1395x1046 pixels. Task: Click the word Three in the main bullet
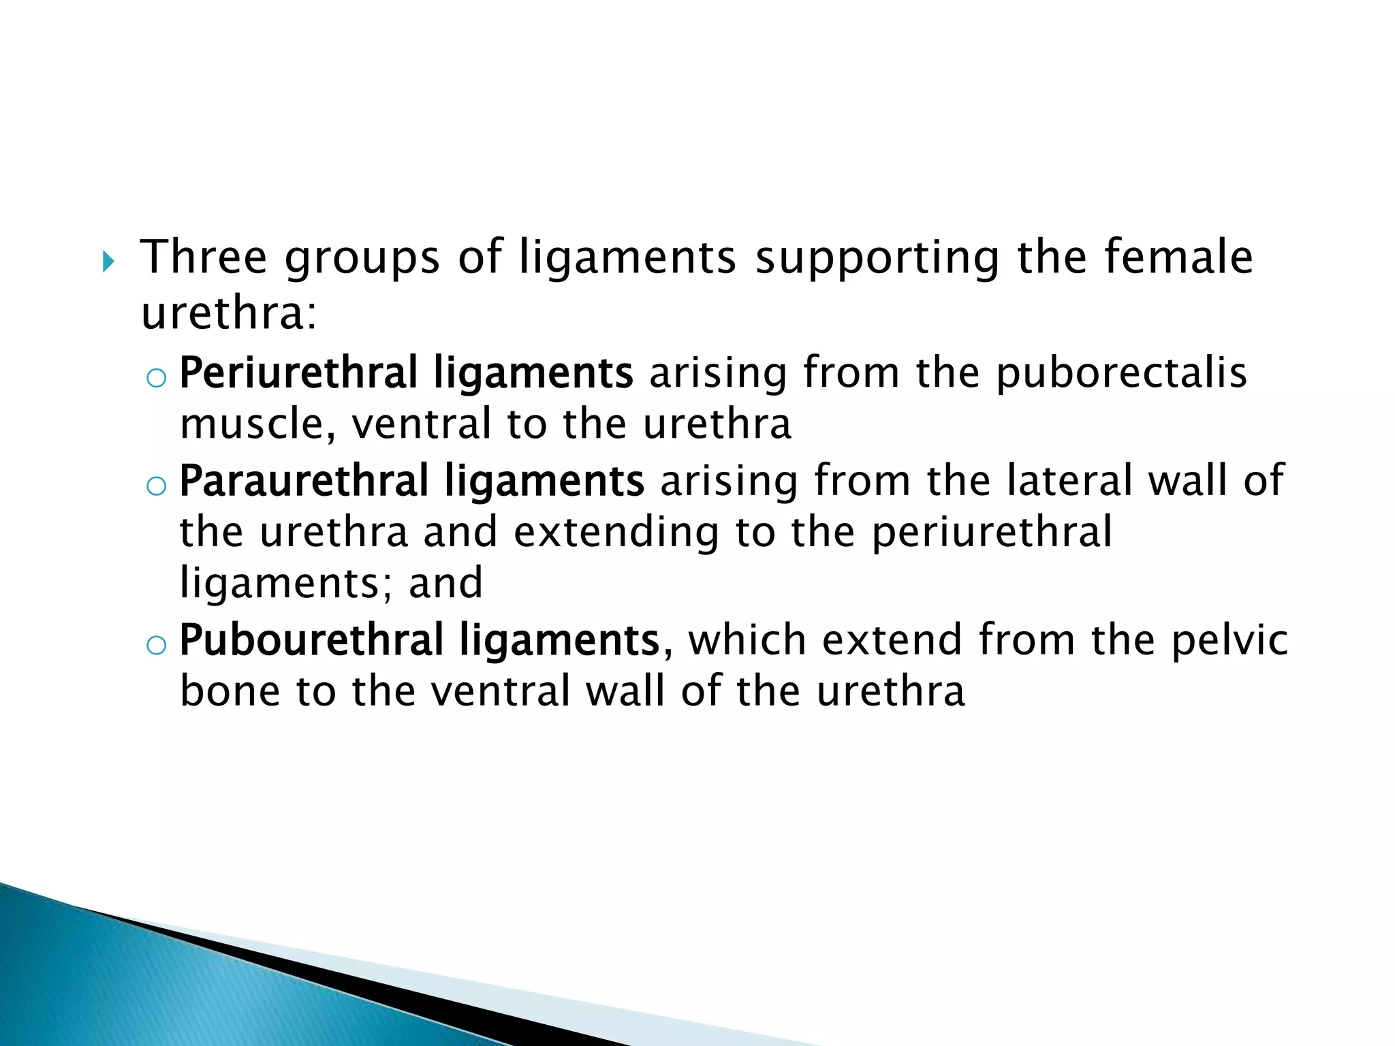(203, 257)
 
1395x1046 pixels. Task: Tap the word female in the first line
(1178, 257)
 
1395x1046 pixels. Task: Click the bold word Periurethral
(298, 374)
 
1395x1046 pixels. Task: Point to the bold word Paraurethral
(304, 481)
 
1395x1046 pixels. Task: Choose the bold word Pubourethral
(311, 641)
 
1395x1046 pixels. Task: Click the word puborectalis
(1121, 374)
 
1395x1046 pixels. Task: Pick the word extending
(616, 533)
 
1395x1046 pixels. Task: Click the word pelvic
(1230, 641)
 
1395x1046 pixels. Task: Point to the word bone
(230, 691)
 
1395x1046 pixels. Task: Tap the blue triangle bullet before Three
(108, 261)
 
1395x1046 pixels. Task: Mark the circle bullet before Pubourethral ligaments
(156, 645)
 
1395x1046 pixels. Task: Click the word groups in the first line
(362, 259)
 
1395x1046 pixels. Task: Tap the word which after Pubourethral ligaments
(747, 641)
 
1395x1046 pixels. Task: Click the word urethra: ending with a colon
(229, 314)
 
